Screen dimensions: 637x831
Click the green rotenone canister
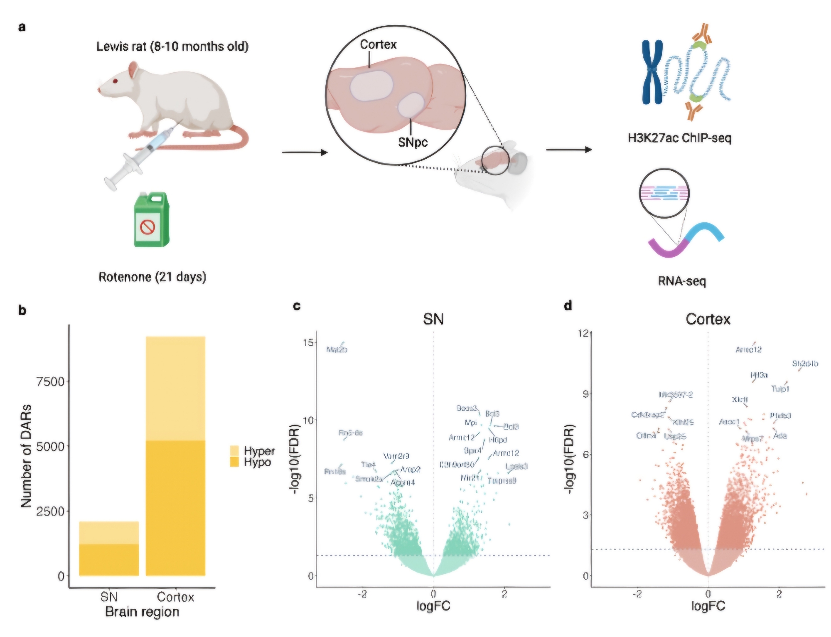[151, 220]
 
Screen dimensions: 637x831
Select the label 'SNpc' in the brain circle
[413, 143]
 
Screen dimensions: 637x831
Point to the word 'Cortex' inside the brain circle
[378, 44]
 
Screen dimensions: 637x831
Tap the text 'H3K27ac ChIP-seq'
[679, 138]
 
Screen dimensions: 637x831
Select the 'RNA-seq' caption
[682, 281]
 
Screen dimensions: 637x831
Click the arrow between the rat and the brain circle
[305, 152]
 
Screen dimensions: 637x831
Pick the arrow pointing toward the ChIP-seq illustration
[569, 150]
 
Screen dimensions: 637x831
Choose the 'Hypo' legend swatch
[234, 462]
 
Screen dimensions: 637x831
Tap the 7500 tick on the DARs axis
[51, 381]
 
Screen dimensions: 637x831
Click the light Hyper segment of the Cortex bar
[175, 389]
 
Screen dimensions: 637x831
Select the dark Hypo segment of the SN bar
[109, 560]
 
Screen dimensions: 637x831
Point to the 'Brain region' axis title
[142, 612]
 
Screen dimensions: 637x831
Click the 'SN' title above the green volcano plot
[433, 319]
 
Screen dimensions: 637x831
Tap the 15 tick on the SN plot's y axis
[308, 342]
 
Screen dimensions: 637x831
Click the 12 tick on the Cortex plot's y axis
[583, 333]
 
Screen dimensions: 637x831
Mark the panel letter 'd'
[568, 306]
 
